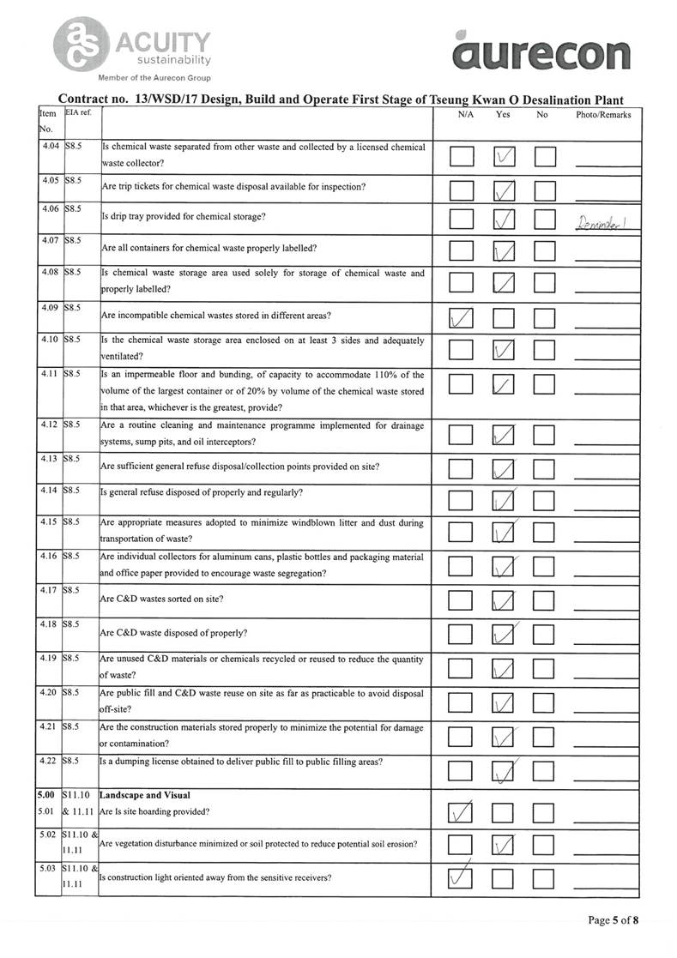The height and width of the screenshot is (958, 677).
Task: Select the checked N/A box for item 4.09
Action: click(462, 318)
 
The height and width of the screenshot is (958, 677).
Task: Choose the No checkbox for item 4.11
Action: click(545, 387)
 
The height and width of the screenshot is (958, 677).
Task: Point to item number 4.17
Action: click(48, 591)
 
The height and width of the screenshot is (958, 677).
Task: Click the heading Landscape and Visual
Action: click(144, 795)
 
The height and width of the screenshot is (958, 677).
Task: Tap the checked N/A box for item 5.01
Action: click(462, 810)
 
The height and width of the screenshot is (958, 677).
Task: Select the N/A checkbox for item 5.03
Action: click(462, 878)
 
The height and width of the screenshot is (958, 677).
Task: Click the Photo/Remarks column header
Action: click(603, 114)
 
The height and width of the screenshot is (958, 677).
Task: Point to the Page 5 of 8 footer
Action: click(613, 920)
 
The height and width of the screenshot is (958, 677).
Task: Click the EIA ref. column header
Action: click(78, 112)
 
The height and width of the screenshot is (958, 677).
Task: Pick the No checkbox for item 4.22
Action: click(545, 773)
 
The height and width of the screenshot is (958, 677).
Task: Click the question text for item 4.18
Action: click(174, 633)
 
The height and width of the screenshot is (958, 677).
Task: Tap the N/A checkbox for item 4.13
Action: click(462, 468)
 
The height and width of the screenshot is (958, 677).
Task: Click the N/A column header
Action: click(462, 114)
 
